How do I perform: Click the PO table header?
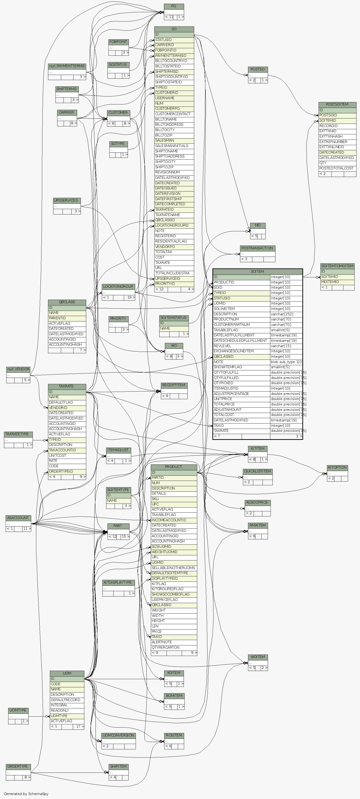coord(174,6)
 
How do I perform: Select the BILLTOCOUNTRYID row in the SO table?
coord(174,61)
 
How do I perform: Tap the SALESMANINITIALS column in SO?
coord(174,146)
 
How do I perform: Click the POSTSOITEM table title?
coord(337,104)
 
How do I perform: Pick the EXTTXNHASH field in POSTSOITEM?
coord(337,136)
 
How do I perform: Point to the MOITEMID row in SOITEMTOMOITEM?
coord(337,282)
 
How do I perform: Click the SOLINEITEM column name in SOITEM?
coord(241,309)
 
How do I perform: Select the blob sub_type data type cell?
coord(286,362)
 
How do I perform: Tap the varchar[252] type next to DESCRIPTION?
coord(286,314)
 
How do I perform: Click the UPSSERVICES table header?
coord(67,200)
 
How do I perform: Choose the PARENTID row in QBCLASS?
coord(67,318)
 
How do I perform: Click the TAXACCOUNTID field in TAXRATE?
coord(67,450)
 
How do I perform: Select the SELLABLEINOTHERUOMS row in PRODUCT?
coord(174,568)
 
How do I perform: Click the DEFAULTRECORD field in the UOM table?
coord(67,700)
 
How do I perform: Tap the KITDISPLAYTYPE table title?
coord(118,582)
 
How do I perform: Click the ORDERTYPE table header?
coord(18,766)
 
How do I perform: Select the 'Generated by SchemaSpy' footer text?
coord(26,794)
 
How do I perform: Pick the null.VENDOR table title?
coord(18,369)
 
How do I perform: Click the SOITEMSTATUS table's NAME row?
coord(174,328)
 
